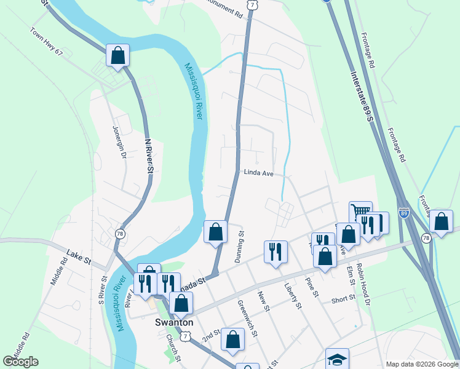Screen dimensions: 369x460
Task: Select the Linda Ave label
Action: click(x=258, y=173)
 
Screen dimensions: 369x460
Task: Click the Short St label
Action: click(x=343, y=299)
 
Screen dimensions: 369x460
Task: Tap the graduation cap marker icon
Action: click(x=337, y=359)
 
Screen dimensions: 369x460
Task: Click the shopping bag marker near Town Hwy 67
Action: click(x=117, y=55)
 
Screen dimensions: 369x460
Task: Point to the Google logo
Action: click(x=20, y=362)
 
